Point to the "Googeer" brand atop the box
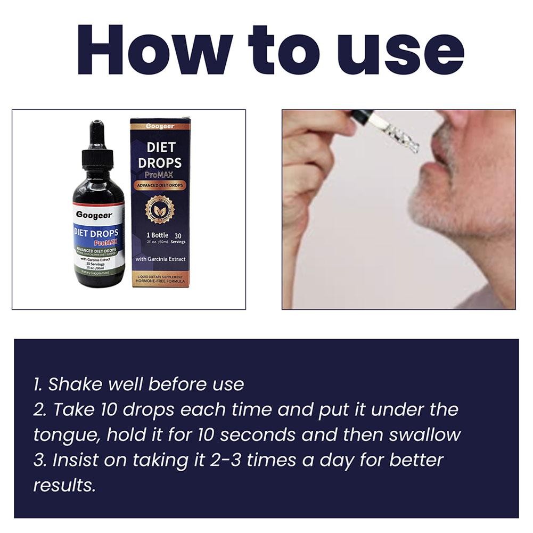[160, 126]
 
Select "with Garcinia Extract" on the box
[161, 259]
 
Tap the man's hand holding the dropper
[314, 160]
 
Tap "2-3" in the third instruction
[227, 460]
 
